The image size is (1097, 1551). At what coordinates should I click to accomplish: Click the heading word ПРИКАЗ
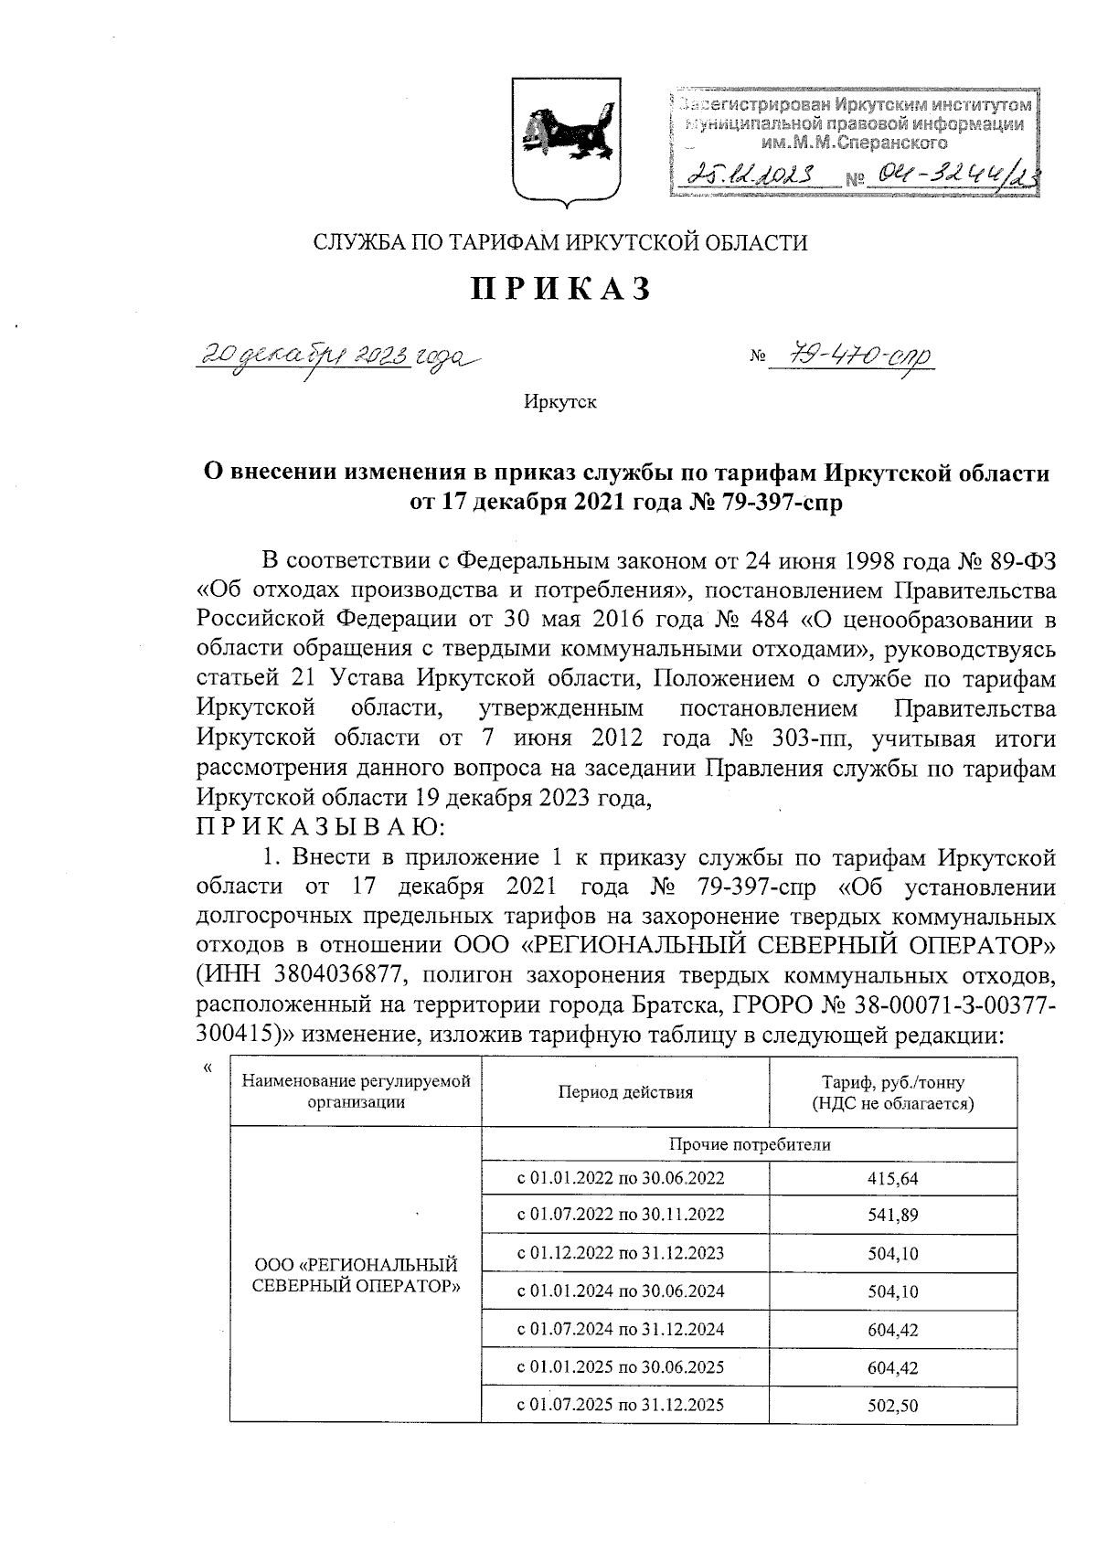point(561,289)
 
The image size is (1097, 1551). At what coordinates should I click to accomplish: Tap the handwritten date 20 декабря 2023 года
point(338,356)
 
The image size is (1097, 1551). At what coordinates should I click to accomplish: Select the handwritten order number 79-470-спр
point(849,355)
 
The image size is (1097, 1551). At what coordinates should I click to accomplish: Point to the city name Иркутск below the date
point(559,401)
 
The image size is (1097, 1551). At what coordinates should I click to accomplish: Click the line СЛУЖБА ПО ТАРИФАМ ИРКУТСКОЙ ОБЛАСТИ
point(560,242)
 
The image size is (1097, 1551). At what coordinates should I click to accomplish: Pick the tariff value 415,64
point(892,1179)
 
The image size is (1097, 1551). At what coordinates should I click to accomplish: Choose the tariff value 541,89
point(892,1216)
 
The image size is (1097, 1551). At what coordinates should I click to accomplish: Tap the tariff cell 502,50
point(892,1406)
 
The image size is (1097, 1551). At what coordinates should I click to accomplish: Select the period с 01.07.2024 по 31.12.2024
point(621,1329)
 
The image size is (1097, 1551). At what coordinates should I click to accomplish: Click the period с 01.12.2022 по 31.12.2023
point(621,1253)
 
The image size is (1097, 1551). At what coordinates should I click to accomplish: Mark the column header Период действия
point(625,1092)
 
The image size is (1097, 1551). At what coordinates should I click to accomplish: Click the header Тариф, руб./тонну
point(892,1083)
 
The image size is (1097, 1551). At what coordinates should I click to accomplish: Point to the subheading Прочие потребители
point(749,1144)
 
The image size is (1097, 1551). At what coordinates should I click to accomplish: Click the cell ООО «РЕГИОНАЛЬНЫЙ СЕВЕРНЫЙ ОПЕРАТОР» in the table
point(355,1275)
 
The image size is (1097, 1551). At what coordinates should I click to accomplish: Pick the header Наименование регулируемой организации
point(356,1092)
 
